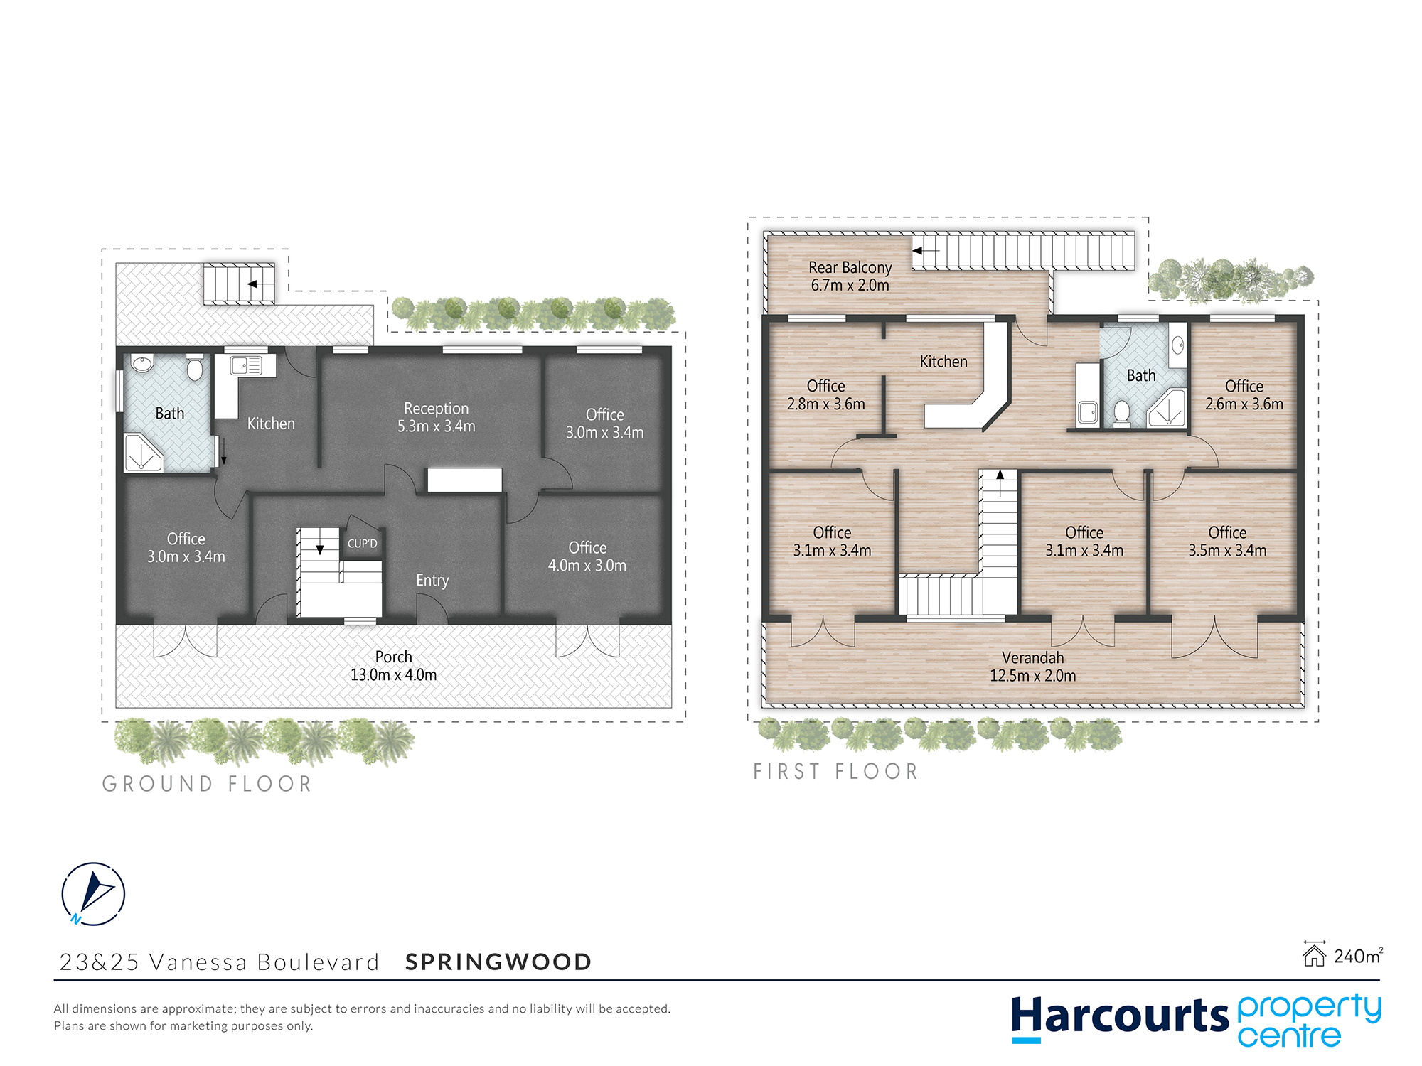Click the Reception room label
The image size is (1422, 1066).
click(x=437, y=417)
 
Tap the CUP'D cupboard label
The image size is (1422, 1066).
click(x=363, y=544)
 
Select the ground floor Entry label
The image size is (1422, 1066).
click(x=432, y=581)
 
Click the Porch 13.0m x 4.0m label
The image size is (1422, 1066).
click(x=394, y=666)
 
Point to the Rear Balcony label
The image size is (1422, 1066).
click(x=850, y=276)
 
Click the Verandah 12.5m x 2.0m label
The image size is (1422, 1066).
click(x=1033, y=667)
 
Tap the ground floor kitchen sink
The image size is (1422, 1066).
click(x=246, y=365)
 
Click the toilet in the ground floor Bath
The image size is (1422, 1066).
click(x=195, y=367)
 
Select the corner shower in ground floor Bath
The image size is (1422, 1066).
click(x=143, y=453)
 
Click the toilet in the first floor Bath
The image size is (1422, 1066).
click(x=1122, y=413)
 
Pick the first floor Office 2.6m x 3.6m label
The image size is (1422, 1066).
click(x=1244, y=395)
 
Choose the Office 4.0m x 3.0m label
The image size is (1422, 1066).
click(x=587, y=556)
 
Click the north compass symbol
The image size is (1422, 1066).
click(x=93, y=894)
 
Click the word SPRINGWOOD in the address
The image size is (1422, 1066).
click(x=498, y=962)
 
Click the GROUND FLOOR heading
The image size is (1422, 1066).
click(x=208, y=784)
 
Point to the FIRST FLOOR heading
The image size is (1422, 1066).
click(x=836, y=771)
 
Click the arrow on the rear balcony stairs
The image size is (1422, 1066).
click(x=926, y=251)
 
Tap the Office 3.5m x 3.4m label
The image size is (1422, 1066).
click(x=1227, y=542)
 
